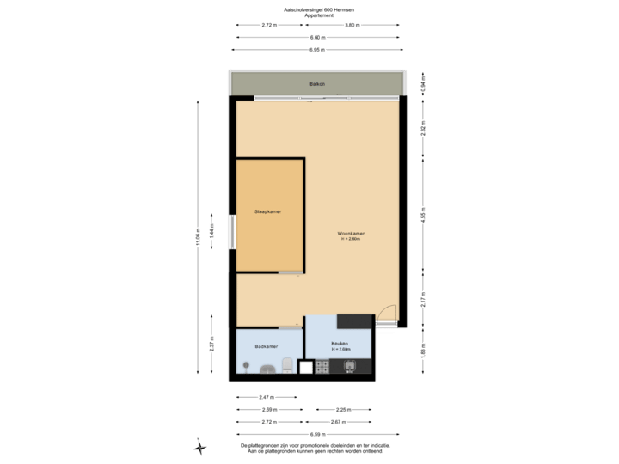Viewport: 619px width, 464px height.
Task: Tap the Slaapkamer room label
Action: (x=268, y=211)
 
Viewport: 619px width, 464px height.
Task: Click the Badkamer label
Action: (x=266, y=346)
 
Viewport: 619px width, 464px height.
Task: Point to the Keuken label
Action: (x=338, y=345)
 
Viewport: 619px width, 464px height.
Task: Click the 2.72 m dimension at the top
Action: (x=268, y=25)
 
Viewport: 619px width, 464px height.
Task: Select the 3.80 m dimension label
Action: (x=352, y=25)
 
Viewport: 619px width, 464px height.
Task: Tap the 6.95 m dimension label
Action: (x=317, y=51)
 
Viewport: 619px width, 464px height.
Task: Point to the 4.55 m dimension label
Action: (x=423, y=213)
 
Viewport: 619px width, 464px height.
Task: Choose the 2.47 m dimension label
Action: (x=267, y=397)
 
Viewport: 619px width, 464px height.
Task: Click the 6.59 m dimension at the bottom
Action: (x=316, y=435)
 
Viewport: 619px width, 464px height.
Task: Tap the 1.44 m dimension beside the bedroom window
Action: (x=211, y=231)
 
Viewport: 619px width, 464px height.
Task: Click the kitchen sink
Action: (x=351, y=368)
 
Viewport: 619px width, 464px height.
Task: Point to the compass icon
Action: (x=199, y=446)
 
